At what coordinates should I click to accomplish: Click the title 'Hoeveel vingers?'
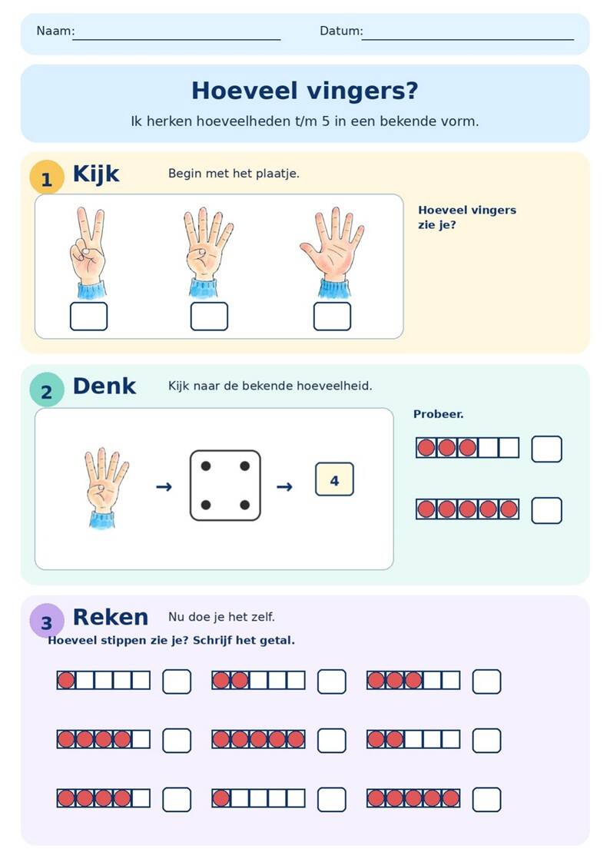(304, 91)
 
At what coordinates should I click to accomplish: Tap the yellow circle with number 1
(47, 177)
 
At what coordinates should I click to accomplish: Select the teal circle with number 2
(47, 390)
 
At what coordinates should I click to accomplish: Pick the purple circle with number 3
(47, 621)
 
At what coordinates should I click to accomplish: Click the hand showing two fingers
(88, 252)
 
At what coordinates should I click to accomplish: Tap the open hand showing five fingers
(333, 252)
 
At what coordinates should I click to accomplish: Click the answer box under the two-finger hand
(88, 316)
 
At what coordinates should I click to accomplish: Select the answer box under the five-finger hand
(332, 316)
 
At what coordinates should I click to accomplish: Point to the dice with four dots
(225, 486)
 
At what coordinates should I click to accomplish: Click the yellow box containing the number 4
(334, 479)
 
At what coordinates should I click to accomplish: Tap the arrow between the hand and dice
(164, 486)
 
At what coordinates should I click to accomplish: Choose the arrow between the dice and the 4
(284, 486)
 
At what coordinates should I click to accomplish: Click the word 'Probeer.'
(438, 415)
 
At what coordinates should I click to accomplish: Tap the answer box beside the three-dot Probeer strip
(547, 449)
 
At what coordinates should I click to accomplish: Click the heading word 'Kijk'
(96, 174)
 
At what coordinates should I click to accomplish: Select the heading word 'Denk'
(104, 386)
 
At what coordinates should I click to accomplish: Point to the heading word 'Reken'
(111, 617)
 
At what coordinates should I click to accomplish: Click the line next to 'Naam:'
(177, 40)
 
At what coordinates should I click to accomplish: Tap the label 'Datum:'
(341, 31)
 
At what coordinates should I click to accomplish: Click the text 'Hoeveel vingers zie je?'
(467, 217)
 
